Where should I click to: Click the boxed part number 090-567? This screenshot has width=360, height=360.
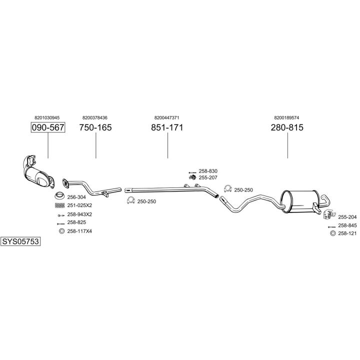[x=48, y=127]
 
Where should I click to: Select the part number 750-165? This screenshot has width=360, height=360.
[x=95, y=127]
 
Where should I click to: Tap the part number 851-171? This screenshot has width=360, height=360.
[x=167, y=127]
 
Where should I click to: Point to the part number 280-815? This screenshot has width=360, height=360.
[x=287, y=127]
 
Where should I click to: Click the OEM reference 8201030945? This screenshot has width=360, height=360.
[x=47, y=117]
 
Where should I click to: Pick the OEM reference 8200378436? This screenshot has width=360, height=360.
[x=95, y=117]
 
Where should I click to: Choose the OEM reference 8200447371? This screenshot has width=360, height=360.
[x=167, y=117]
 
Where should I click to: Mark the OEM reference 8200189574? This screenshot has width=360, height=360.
[x=286, y=117]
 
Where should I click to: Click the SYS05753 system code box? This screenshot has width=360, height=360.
[x=20, y=241]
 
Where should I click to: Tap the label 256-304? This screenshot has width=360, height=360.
[x=76, y=197]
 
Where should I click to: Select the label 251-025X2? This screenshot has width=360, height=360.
[x=79, y=205]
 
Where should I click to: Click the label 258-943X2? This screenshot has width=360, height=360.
[x=79, y=214]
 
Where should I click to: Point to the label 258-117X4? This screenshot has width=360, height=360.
[x=79, y=231]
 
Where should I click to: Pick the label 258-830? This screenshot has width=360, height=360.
[x=208, y=171]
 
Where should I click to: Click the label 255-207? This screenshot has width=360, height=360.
[x=208, y=177]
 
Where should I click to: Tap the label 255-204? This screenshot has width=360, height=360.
[x=347, y=217]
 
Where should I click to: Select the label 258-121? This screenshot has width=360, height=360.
[x=347, y=233]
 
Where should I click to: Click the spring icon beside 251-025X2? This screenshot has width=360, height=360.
[x=59, y=205]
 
